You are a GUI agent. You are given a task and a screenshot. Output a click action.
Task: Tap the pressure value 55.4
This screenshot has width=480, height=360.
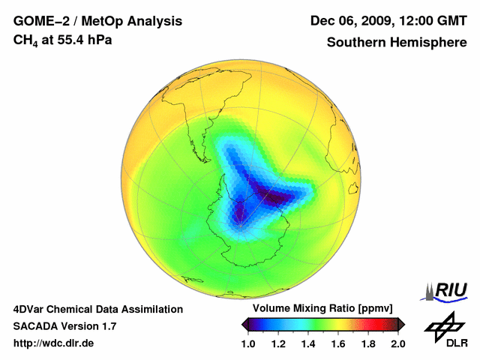(x=69, y=40)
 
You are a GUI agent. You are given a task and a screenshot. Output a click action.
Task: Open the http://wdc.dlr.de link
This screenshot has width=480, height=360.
(x=54, y=343)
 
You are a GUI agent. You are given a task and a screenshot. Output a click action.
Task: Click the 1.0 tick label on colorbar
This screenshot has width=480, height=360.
(x=248, y=343)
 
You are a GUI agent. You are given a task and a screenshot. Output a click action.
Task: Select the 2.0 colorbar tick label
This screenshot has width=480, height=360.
(x=397, y=343)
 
